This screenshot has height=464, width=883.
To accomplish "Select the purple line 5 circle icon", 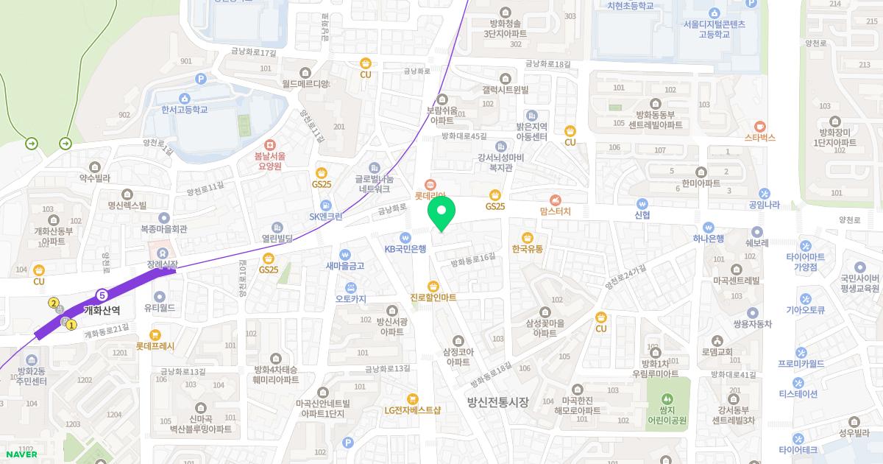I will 102,295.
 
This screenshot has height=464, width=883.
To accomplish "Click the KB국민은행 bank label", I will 405,249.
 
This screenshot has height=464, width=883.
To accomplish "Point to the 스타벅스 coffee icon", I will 760,125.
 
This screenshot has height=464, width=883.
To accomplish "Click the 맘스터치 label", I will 556,211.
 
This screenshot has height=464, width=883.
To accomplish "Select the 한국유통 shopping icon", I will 527,237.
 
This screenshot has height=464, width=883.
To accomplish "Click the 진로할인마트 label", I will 433,298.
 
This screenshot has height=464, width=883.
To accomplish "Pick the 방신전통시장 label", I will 498,401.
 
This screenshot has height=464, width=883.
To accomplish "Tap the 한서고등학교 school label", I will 185,110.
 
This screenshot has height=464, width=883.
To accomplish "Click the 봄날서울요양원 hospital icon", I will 269,144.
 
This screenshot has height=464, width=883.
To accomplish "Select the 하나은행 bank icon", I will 709,227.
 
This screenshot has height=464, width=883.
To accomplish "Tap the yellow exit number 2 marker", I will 54,303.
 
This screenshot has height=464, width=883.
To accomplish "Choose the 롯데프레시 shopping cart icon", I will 155,335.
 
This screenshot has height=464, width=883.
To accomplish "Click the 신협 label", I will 642,215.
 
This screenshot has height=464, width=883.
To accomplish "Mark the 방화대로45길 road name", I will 464,136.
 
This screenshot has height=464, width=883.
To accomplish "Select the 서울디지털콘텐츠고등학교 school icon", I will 714,13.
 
